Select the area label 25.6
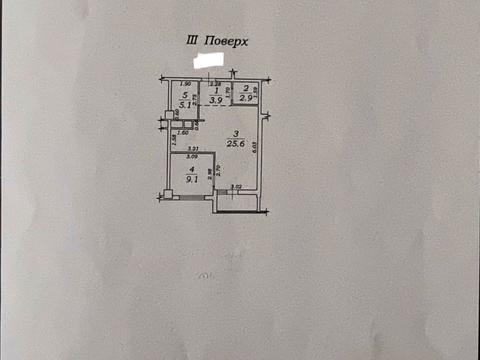(x=233, y=144)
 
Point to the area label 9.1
(x=192, y=181)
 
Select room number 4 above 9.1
(x=190, y=171)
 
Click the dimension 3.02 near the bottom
(x=236, y=187)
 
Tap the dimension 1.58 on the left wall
(x=172, y=139)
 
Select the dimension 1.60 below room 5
(x=184, y=131)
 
